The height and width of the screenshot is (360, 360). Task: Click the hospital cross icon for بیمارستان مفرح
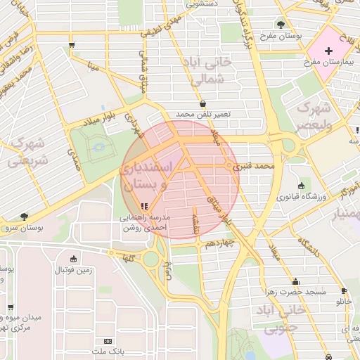click(329, 51)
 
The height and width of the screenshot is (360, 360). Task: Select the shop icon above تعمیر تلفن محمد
click(202, 103)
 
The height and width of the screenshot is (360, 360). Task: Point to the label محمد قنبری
click(254, 167)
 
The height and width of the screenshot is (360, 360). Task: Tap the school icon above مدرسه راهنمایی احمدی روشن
click(144, 206)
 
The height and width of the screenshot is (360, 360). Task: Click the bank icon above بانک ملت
click(108, 340)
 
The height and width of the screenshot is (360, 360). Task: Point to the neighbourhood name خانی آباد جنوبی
click(281, 318)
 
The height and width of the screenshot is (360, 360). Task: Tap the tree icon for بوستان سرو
click(25, 217)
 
